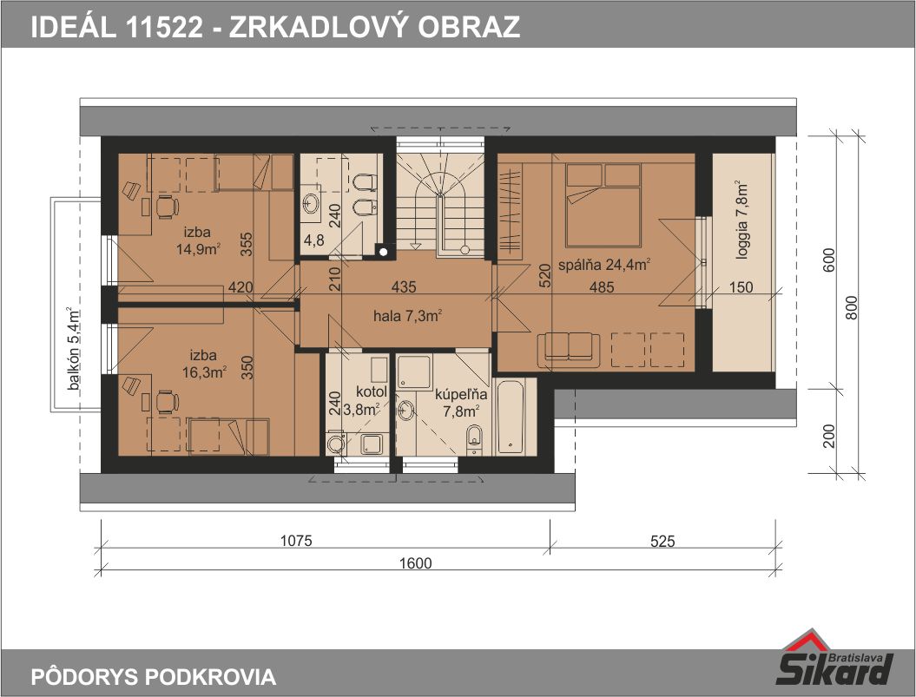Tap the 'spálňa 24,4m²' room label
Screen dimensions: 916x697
click(604, 265)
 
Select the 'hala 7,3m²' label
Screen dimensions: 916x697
click(407, 316)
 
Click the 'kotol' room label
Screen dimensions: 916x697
click(372, 391)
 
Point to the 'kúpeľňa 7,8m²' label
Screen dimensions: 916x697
click(461, 403)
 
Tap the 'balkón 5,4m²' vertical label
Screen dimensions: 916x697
click(74, 349)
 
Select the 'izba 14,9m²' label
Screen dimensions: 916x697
click(197, 240)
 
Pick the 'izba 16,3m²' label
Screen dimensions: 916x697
click(204, 364)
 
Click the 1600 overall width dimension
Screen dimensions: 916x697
click(416, 563)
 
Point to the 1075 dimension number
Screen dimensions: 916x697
click(296, 541)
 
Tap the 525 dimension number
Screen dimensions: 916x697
click(662, 542)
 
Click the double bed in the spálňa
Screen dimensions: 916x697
click(603, 204)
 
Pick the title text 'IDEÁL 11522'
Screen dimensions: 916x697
click(117, 27)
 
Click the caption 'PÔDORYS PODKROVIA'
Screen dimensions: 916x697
click(153, 676)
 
